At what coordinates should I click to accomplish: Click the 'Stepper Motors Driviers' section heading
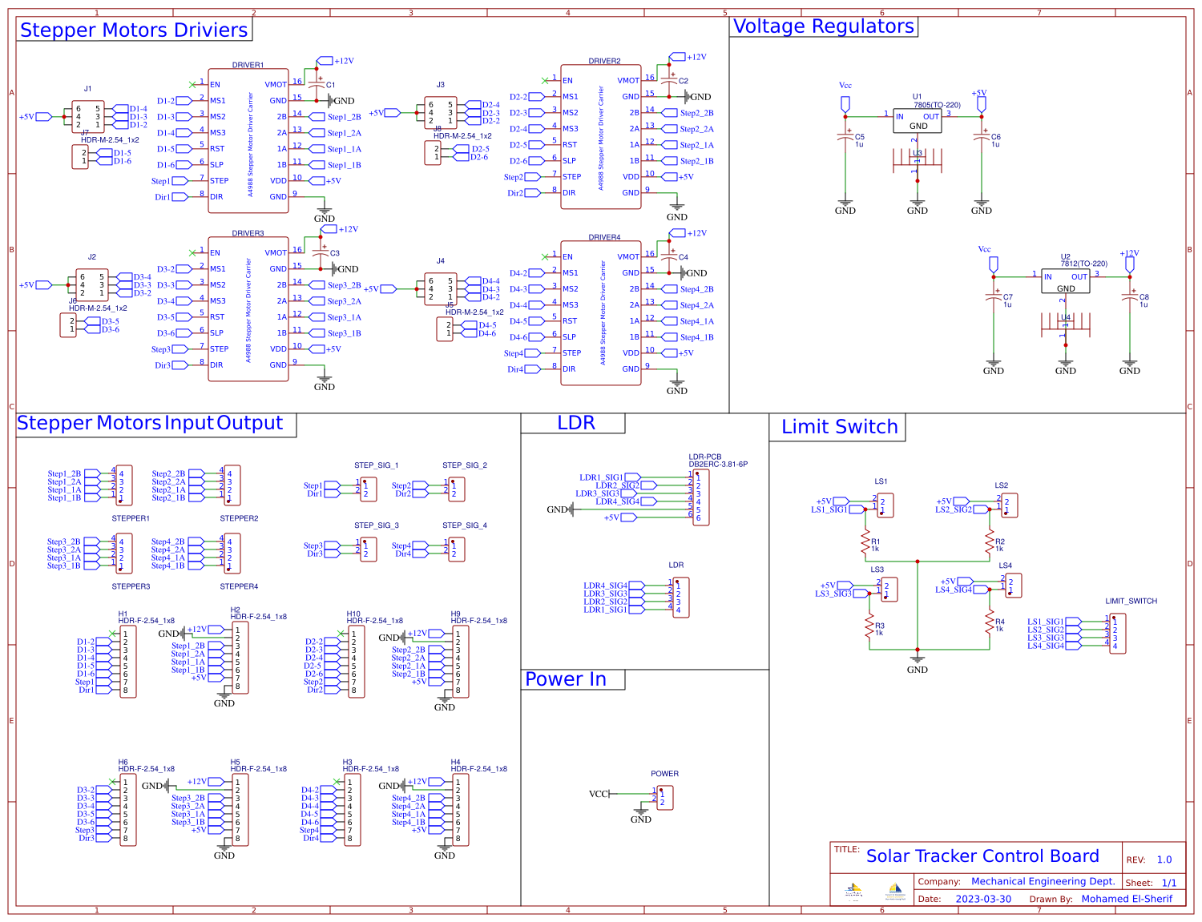134,30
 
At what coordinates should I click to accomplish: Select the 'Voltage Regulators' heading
823,26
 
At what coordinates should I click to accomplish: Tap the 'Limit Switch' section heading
839,427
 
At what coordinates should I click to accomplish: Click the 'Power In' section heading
565,679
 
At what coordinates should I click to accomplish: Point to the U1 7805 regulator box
918,121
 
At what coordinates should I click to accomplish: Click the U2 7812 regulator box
1065,281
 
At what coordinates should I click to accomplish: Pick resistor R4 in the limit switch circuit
990,624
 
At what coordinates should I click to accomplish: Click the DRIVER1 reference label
248,65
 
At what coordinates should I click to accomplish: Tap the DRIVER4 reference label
604,237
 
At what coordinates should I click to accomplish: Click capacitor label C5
860,137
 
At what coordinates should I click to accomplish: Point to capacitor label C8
1144,297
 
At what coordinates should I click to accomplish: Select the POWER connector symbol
665,798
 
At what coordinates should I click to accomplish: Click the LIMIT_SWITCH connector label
1131,601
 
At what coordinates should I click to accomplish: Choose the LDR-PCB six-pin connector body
700,497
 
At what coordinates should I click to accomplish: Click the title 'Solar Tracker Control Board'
982,856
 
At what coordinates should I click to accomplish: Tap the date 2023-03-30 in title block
983,899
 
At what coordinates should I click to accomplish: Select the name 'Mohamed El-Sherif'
1127,899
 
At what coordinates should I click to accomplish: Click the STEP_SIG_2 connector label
464,465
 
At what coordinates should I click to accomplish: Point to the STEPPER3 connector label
131,586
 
